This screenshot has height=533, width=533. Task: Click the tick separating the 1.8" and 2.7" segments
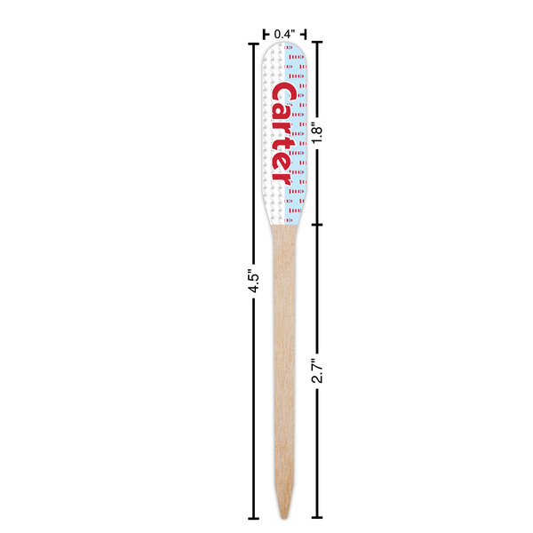317,224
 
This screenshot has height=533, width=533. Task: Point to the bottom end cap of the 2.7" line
317,517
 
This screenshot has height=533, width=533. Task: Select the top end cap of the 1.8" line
317,43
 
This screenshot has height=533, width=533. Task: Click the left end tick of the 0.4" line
265,34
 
